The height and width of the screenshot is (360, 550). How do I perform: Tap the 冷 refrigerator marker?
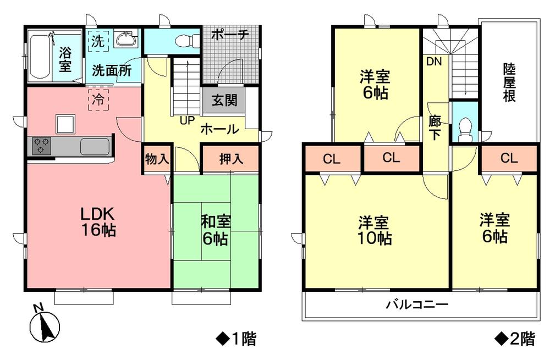click(x=98, y=101)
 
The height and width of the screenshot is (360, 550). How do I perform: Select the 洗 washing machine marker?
click(x=97, y=40)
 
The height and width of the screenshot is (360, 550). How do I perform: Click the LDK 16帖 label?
click(x=99, y=221)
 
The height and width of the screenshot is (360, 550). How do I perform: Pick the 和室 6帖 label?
click(x=216, y=231)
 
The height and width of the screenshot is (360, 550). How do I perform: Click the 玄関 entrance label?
click(x=224, y=101)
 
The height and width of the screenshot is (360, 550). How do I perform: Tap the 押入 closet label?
click(x=230, y=159)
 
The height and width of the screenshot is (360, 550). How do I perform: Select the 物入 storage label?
click(x=157, y=159)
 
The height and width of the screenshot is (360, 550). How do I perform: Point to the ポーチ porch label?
click(x=230, y=35)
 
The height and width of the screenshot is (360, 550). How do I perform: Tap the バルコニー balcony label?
click(x=417, y=305)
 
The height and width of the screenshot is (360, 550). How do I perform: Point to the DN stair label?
click(x=434, y=62)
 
